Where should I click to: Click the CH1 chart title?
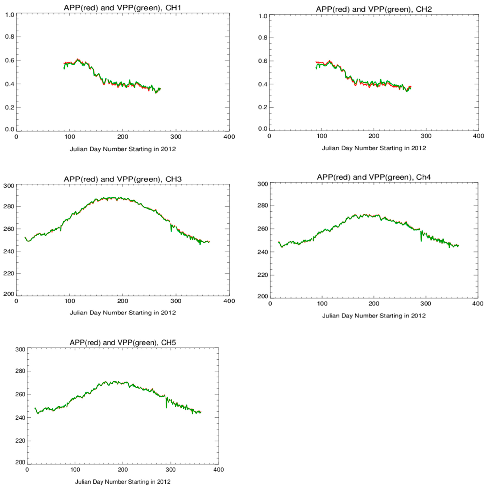tap(123, 8)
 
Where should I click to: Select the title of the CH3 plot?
tap(123, 179)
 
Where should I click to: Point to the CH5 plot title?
tap(123, 343)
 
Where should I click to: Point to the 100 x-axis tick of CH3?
tap(70, 301)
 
